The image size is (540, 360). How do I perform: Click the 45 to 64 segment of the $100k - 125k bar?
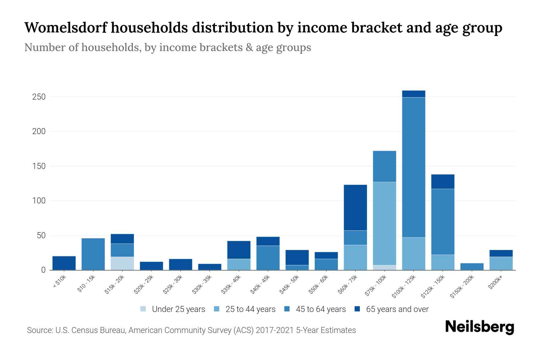pyautogui.click(x=414, y=167)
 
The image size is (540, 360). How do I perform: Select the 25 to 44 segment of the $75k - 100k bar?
pyautogui.click(x=384, y=223)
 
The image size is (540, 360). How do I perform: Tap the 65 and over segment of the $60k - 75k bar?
pyautogui.click(x=355, y=208)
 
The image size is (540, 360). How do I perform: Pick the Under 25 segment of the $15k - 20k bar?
pyautogui.click(x=122, y=263)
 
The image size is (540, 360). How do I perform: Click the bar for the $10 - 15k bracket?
pyautogui.click(x=93, y=254)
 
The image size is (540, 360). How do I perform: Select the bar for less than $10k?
pyautogui.click(x=64, y=263)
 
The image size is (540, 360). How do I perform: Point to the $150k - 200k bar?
pyautogui.click(x=472, y=267)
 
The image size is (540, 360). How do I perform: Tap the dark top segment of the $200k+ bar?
pyautogui.click(x=501, y=253)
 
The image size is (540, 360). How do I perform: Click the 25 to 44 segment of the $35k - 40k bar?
pyautogui.click(x=239, y=264)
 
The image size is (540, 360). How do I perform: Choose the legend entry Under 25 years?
pyautogui.click(x=178, y=309)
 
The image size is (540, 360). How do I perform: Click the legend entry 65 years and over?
pyautogui.click(x=397, y=309)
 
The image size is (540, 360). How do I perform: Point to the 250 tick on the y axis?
pyautogui.click(x=39, y=97)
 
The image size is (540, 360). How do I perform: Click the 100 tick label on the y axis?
pyautogui.click(x=39, y=201)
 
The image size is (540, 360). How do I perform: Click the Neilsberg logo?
pyautogui.click(x=479, y=327)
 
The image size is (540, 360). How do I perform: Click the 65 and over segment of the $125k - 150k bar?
pyautogui.click(x=443, y=181)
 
